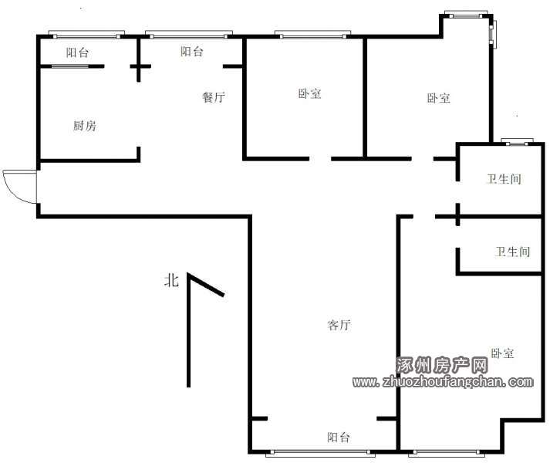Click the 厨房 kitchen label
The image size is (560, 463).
[85, 126]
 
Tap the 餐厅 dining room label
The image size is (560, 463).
[214, 97]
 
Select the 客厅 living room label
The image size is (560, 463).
[339, 325]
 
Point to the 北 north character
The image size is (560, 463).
[171, 280]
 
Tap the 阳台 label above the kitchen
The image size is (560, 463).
[77, 53]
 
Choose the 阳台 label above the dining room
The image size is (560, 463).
[192, 52]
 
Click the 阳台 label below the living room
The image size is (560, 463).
[339, 438]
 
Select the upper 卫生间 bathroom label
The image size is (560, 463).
[504, 178]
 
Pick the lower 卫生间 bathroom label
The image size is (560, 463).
[512, 252]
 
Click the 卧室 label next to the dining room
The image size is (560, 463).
[309, 93]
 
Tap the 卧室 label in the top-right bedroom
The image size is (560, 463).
[439, 98]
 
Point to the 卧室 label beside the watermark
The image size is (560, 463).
[502, 353]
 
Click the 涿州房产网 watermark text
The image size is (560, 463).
[442, 365]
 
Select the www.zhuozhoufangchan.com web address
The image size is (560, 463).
[443, 381]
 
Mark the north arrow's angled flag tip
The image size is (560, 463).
[224, 296]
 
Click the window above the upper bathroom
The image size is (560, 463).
[517, 141]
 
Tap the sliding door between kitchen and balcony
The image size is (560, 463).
[71, 66]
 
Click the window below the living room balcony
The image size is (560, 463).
[320, 453]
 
